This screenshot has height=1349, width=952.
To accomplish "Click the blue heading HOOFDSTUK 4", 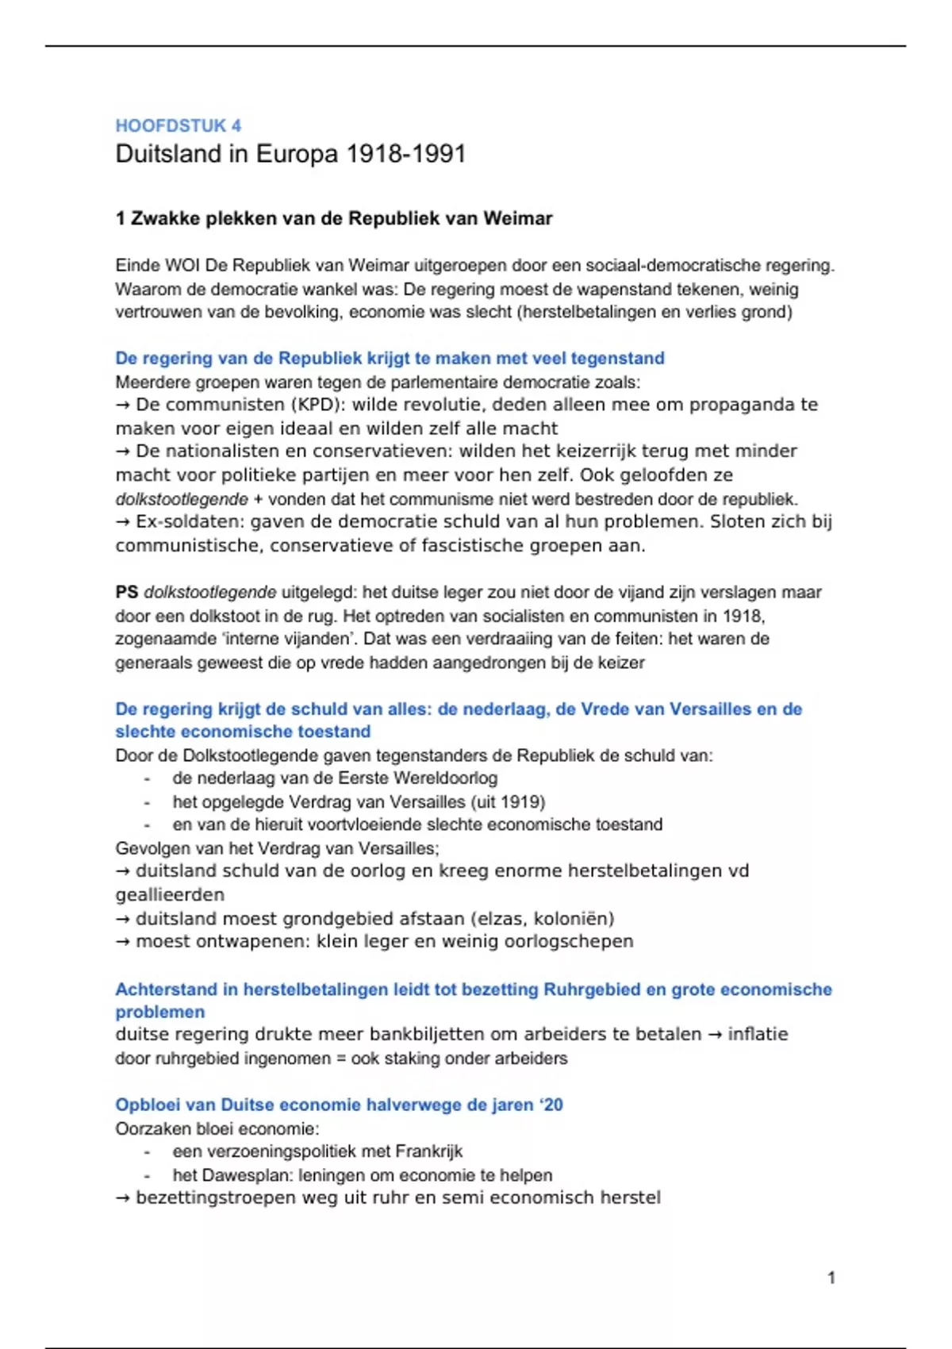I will [178, 125].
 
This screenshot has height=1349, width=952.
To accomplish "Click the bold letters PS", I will [127, 592].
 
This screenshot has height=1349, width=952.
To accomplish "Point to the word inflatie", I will [758, 1035].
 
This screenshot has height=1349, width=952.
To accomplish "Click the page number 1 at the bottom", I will [831, 1278].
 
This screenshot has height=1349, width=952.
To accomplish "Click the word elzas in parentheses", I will [499, 919].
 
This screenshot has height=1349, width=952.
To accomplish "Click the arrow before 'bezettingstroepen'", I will [123, 1198].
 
